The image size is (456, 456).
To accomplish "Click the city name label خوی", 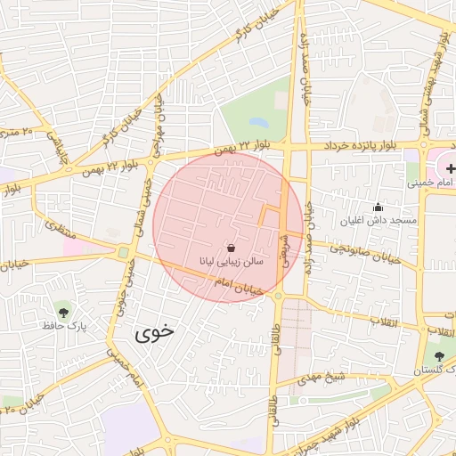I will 154,334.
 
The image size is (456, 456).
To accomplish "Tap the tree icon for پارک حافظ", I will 63,311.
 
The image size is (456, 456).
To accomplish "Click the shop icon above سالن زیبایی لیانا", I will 232,247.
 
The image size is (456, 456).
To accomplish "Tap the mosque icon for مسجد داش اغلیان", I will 378,207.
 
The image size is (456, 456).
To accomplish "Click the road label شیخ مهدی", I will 322,377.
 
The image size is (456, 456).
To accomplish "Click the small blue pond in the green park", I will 258,122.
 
